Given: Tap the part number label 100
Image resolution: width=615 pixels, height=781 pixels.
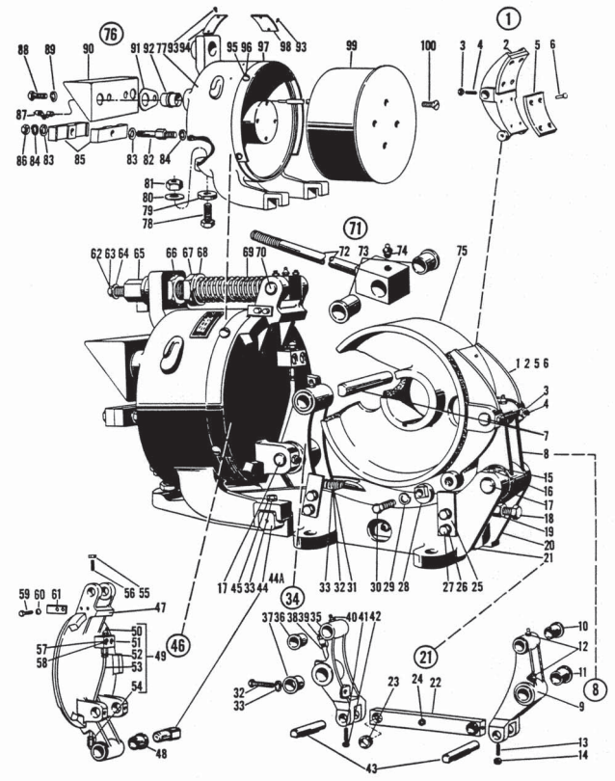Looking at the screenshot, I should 428,45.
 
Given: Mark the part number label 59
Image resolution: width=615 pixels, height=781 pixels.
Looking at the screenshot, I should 24,593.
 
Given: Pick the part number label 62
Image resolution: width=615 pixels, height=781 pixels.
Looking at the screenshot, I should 95,253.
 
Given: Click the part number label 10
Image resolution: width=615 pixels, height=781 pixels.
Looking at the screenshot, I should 582,627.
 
